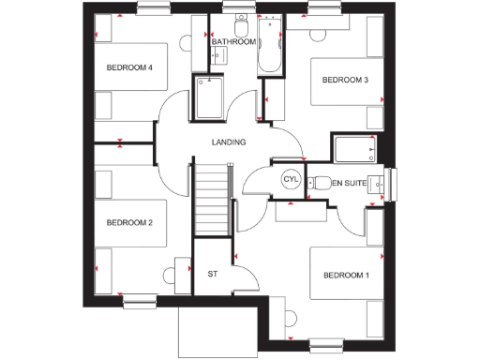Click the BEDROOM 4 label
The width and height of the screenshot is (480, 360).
pyautogui.click(x=129, y=68)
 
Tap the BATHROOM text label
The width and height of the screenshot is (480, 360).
pyautogui.click(x=233, y=42)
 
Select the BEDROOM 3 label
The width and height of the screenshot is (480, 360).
pyautogui.click(x=345, y=81)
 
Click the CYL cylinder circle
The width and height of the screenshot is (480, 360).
pyautogui.click(x=290, y=179)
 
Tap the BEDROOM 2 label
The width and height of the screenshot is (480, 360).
pyautogui.click(x=129, y=222)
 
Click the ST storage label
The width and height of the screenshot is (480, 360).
pyautogui.click(x=212, y=274)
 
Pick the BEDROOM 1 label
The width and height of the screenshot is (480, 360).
pyautogui.click(x=346, y=275)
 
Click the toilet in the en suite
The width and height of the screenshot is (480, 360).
pyautogui.click(x=319, y=182)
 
